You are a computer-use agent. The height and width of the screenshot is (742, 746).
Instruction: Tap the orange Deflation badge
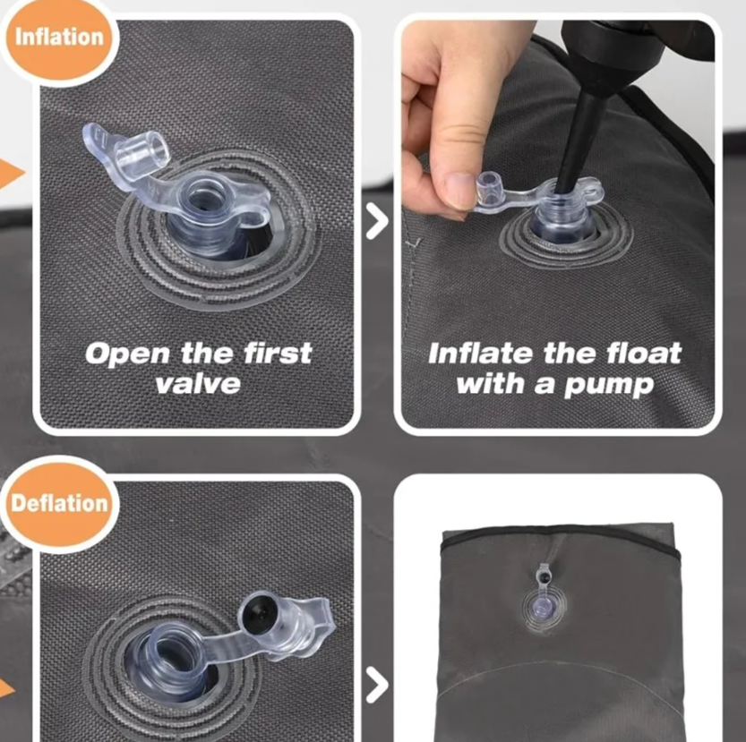(59, 503)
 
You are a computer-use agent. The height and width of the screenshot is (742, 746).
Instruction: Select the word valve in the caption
(197, 383)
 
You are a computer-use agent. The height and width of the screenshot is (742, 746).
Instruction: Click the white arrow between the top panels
(377, 222)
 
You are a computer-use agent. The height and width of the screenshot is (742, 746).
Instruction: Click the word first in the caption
(276, 353)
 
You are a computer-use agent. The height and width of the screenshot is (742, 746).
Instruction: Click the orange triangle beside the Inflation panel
(11, 175)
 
